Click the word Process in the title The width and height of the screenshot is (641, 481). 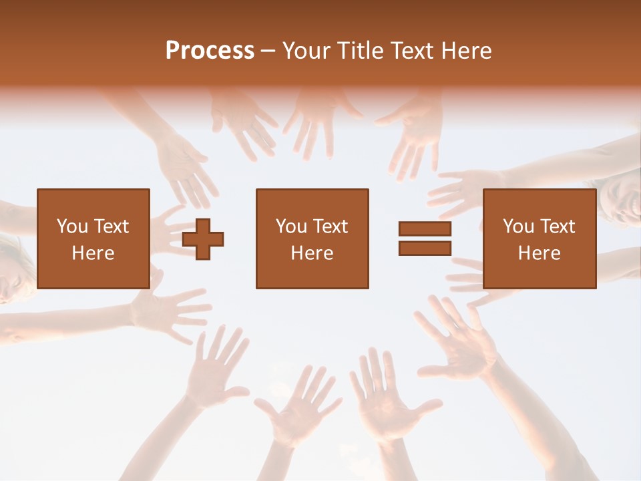pyautogui.click(x=210, y=51)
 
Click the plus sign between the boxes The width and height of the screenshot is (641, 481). pyautogui.click(x=203, y=239)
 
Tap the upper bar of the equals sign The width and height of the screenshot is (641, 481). pyautogui.click(x=425, y=229)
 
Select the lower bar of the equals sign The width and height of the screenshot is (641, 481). pyautogui.click(x=425, y=248)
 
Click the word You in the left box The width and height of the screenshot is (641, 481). pyautogui.click(x=72, y=226)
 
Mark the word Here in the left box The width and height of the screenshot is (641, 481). pyautogui.click(x=93, y=253)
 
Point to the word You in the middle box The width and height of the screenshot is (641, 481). pyautogui.click(x=291, y=226)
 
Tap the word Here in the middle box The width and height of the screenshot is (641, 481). pyautogui.click(x=312, y=253)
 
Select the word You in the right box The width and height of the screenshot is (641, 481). pyautogui.click(x=518, y=226)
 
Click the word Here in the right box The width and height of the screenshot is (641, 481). pyautogui.click(x=539, y=253)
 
